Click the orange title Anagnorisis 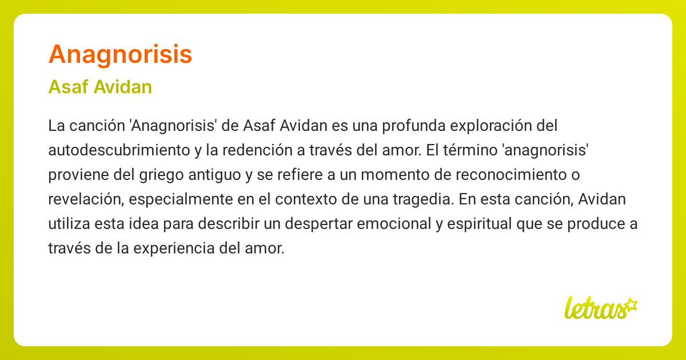[120, 54]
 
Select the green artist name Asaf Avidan [100, 87]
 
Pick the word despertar [322, 224]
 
